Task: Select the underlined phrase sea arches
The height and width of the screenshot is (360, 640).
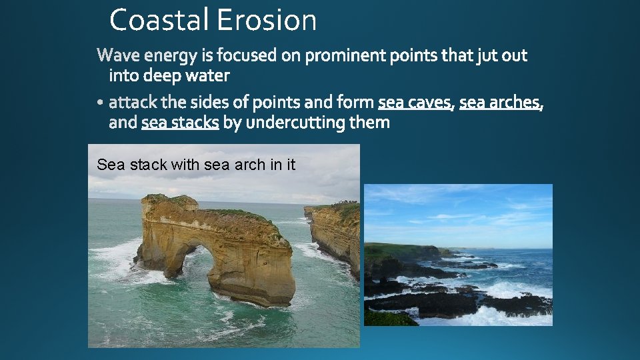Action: [500, 103]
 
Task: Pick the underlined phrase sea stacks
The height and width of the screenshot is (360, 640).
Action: [180, 123]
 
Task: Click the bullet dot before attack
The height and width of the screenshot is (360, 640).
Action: [100, 103]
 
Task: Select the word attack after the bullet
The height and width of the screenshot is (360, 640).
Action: [132, 103]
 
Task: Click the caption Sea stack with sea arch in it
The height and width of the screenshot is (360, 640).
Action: [195, 165]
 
